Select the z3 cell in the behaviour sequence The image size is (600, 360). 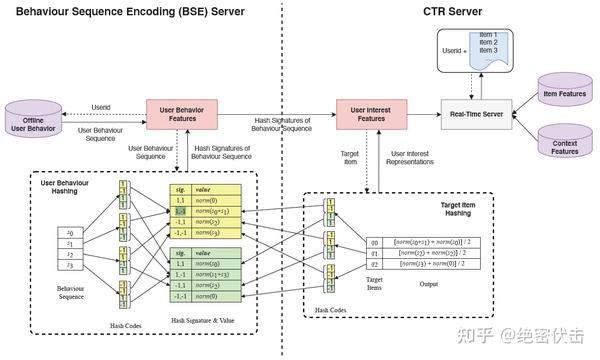click(68, 267)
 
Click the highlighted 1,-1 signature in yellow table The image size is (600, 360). click(181, 212)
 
